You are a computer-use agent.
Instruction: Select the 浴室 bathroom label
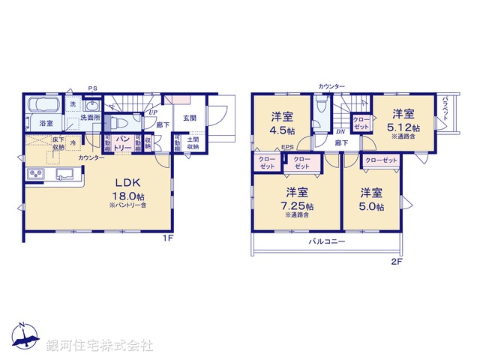point(46,123)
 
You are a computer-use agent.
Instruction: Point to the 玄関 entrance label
point(189,118)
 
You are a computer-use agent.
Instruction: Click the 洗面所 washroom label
point(90,118)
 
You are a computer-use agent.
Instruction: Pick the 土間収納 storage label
point(192,143)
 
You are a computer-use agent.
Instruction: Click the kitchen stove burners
point(37,175)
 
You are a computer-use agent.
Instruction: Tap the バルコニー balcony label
point(327,242)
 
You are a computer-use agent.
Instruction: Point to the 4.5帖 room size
point(282,127)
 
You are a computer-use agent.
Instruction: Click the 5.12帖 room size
point(404,127)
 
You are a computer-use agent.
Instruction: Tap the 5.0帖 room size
point(371,206)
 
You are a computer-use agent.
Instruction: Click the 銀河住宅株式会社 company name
point(100,345)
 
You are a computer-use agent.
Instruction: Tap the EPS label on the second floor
point(287,148)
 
